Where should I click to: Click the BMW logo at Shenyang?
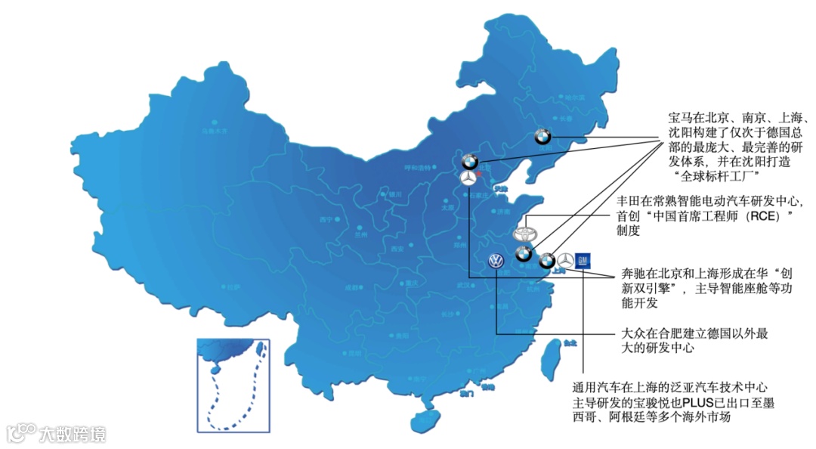542,137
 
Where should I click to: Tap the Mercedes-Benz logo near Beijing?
468,178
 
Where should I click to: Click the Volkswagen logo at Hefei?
496,262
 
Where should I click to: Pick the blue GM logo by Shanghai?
582,260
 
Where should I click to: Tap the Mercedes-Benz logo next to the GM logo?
564,262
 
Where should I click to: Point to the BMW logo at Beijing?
469,160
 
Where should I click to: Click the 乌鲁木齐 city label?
214,130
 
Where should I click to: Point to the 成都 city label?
352,287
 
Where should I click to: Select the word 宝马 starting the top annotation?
682,119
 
